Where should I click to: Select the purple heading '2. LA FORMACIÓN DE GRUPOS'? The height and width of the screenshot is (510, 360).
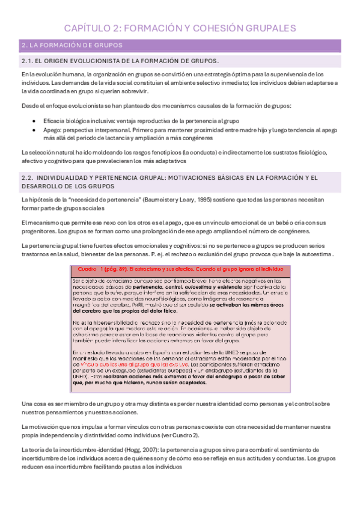pyautogui.click(x=72, y=45)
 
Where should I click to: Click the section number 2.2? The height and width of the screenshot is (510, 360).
pyautogui.click(x=29, y=177)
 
